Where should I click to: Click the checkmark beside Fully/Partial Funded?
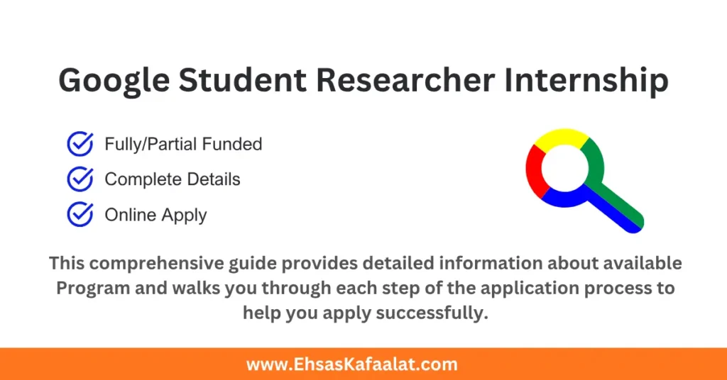(x=80, y=144)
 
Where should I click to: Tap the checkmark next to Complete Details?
(x=80, y=179)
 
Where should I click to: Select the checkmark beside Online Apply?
(x=80, y=214)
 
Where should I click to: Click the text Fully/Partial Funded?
(x=183, y=144)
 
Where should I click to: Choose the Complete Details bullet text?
(x=173, y=179)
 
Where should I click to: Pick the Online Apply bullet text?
(x=155, y=214)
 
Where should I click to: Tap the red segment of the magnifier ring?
(x=535, y=170)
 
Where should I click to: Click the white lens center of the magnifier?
(x=565, y=167)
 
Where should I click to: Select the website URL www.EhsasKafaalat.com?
(x=352, y=364)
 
